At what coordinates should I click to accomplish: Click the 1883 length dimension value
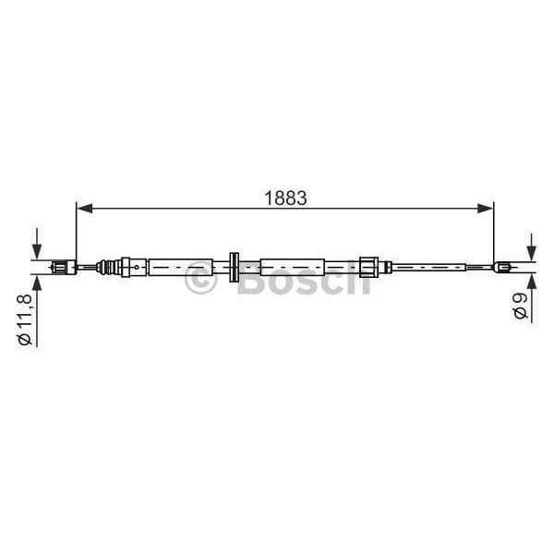tap(284, 197)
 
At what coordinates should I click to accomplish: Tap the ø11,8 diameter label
tap(26, 318)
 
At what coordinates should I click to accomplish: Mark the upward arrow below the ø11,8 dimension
tap(37, 286)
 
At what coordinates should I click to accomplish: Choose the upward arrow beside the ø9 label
tap(531, 284)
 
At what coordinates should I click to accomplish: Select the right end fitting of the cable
tap(502, 268)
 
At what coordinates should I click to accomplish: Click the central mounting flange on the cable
tap(234, 267)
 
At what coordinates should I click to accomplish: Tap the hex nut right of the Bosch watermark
tap(368, 267)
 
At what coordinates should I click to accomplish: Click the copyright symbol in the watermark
tap(200, 279)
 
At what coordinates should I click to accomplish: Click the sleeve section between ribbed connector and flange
tap(185, 267)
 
